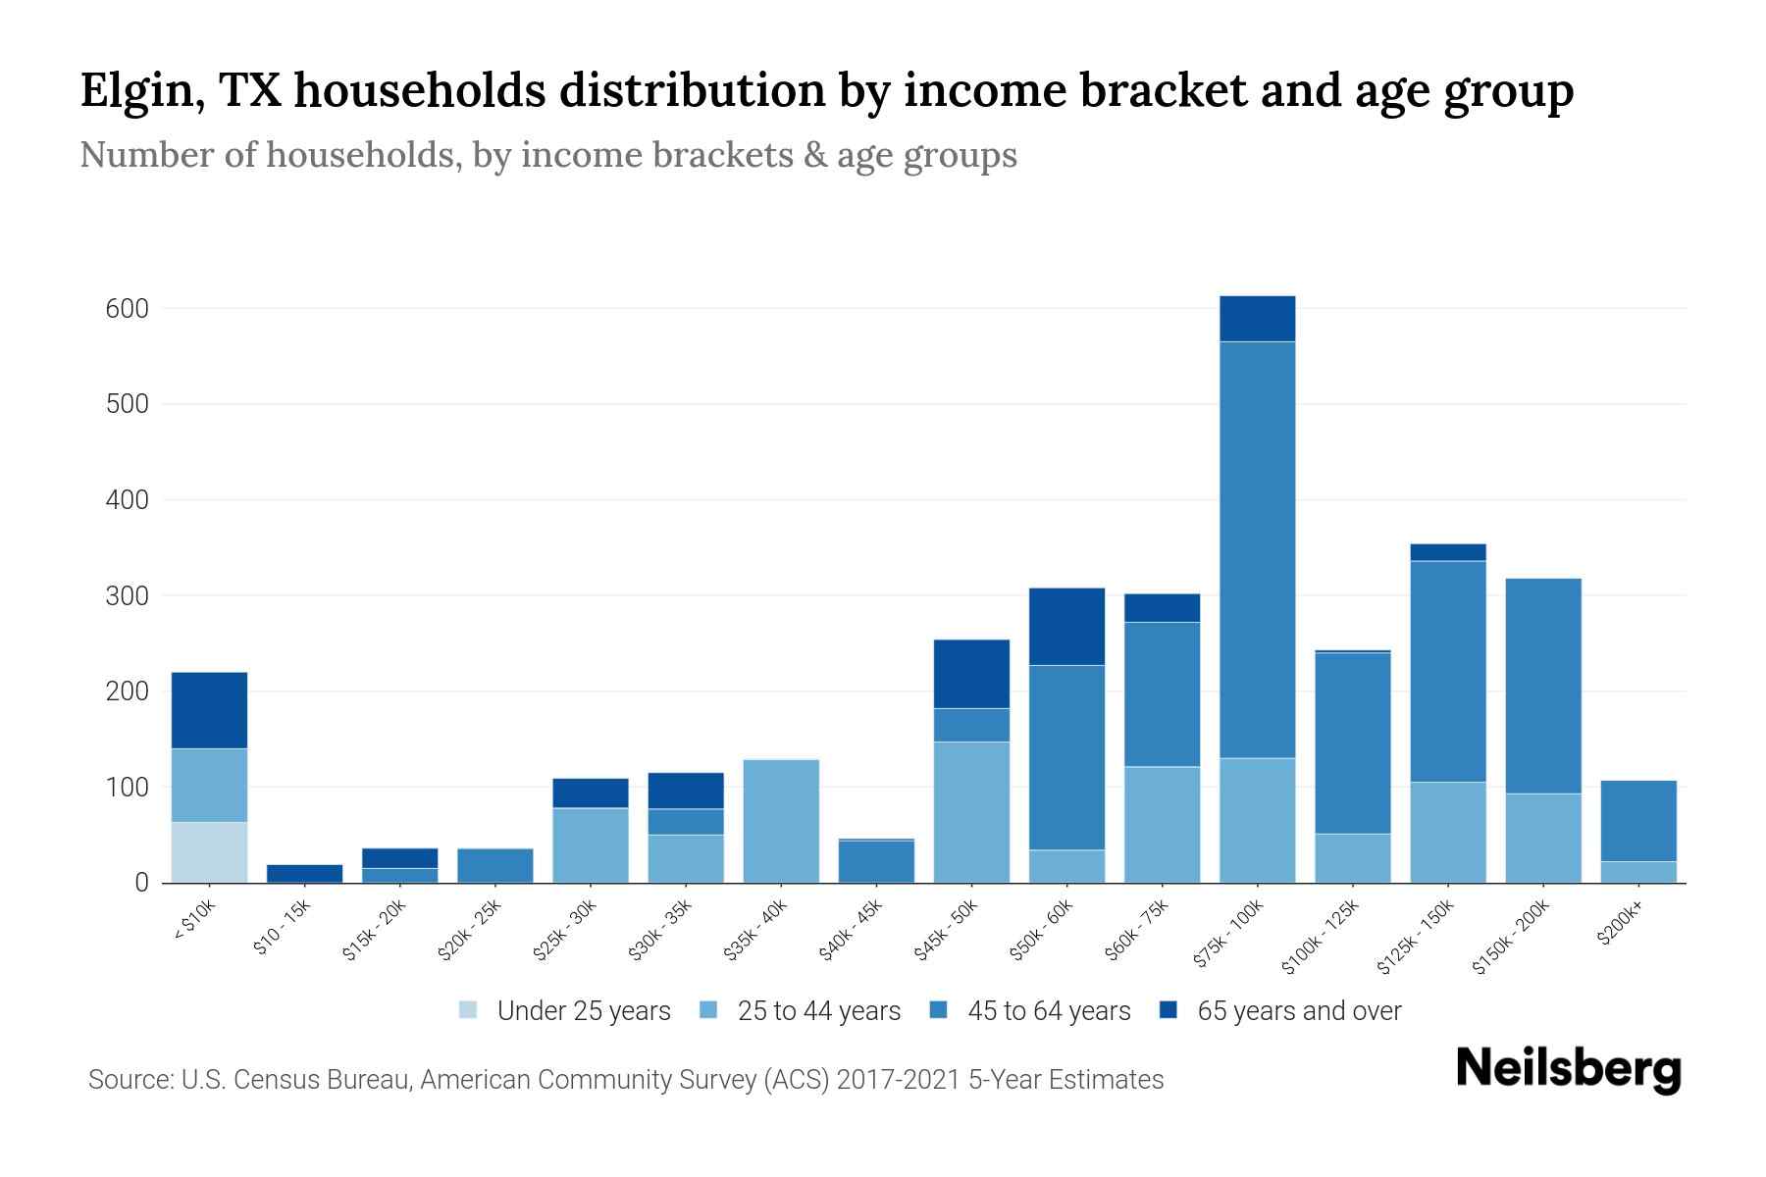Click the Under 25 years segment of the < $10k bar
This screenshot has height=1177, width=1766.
pos(209,851)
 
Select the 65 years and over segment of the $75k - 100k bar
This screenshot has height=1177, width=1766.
pos(1257,319)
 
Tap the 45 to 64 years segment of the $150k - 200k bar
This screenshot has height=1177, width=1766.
pos(1543,686)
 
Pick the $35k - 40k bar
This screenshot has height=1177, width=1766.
pos(781,821)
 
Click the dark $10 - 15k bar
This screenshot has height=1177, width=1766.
pos(304,873)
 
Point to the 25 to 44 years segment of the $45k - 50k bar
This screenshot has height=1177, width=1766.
pos(971,811)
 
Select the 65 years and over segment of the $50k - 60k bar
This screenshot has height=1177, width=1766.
pos(1066,627)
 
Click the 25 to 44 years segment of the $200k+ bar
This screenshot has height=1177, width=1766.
pos(1638,872)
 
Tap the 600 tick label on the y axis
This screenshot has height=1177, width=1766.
pos(127,309)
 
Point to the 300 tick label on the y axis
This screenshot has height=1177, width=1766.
pos(127,596)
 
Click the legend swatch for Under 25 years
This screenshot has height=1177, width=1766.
pos(468,1010)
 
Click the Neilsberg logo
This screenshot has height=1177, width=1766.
pos(1568,1069)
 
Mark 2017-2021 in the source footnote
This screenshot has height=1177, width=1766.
pos(899,1080)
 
